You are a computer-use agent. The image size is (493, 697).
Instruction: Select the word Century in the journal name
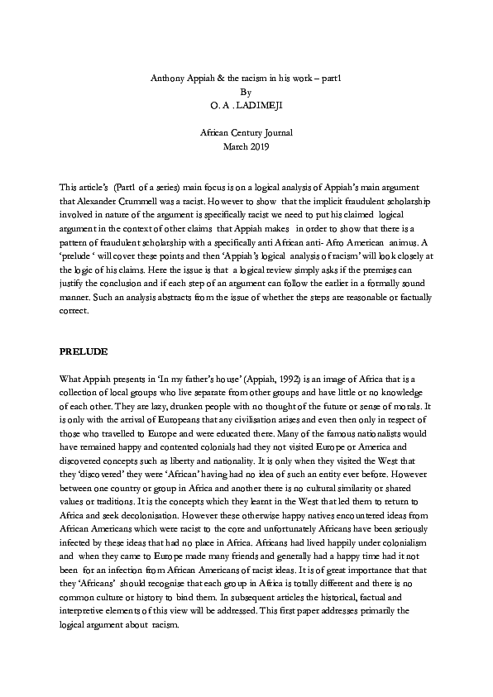click(x=252, y=132)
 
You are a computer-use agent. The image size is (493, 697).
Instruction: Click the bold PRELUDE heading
click(x=84, y=351)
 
